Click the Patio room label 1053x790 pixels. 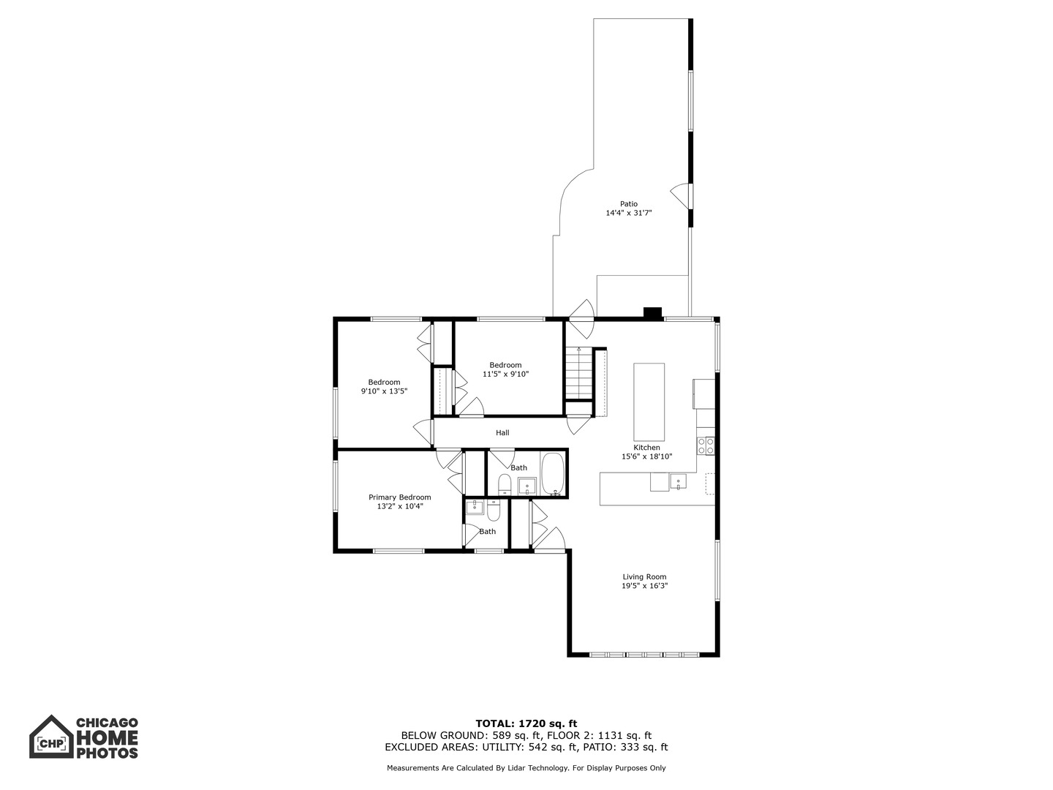click(x=628, y=204)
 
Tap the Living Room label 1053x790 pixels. click(x=644, y=576)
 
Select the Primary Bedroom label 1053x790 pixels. click(x=399, y=497)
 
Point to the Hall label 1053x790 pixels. click(x=502, y=432)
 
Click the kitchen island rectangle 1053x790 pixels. click(x=649, y=402)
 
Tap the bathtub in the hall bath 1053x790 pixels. click(x=552, y=474)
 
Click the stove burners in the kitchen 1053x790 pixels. click(x=706, y=445)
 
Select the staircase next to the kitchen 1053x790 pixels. click(x=579, y=373)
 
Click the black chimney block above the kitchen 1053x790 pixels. click(x=652, y=313)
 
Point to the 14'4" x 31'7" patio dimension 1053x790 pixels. click(x=628, y=213)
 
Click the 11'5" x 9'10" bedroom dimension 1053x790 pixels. click(x=505, y=374)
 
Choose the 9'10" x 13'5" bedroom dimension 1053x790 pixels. click(x=384, y=391)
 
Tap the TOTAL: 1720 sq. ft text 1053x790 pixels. click(x=526, y=723)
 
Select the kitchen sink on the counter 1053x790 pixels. click(x=678, y=481)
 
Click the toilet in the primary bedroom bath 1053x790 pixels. click(x=493, y=511)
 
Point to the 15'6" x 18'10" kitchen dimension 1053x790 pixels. click(x=646, y=456)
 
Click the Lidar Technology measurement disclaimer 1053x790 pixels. click(x=526, y=768)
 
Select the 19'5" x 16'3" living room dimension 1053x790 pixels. click(x=644, y=586)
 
